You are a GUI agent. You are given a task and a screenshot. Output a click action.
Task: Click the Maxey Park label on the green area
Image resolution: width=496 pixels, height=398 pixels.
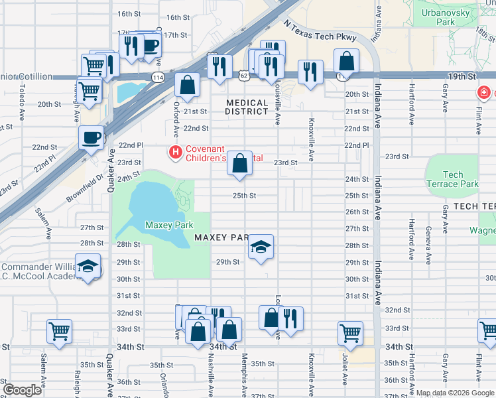tap(169, 226)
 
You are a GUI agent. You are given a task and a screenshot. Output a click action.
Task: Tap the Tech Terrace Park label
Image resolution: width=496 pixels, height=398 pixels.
tap(453, 179)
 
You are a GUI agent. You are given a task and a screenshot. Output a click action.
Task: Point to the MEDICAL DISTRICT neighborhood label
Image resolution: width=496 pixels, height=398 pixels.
tap(247, 107)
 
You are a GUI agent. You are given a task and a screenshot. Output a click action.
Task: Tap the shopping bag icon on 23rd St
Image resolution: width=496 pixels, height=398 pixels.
tap(239, 163)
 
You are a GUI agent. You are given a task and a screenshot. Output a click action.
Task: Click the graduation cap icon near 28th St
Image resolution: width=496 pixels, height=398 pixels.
tap(261, 248)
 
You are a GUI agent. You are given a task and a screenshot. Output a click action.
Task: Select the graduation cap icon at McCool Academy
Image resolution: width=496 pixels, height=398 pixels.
tap(88, 267)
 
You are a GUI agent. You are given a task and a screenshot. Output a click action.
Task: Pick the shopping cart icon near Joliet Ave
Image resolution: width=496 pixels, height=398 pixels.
tap(351, 332)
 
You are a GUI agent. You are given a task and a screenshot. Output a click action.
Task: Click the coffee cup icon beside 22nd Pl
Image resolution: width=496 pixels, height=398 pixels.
tap(92, 137)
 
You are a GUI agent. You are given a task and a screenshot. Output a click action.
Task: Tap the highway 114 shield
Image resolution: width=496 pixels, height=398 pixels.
tap(158, 77)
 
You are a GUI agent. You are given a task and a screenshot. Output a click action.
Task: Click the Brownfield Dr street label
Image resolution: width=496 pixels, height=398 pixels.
tap(86, 188)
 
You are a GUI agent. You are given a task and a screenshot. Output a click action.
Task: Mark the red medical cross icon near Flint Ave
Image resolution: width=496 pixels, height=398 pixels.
tap(485, 92)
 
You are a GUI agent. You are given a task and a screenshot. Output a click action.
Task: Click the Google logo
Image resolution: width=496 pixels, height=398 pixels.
tap(23, 390)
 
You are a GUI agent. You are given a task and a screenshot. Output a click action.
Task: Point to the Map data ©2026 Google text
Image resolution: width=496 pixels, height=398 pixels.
tap(455, 393)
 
